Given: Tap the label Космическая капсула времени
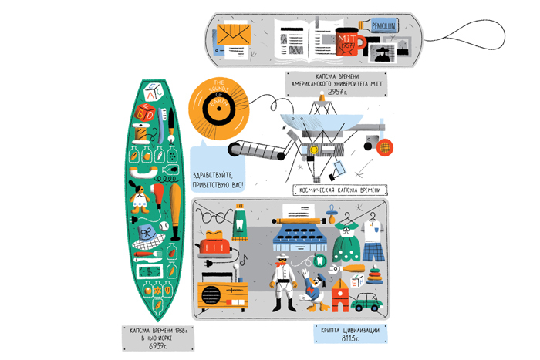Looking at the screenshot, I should point(339,190).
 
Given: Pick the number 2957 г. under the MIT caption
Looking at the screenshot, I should point(336,92).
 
